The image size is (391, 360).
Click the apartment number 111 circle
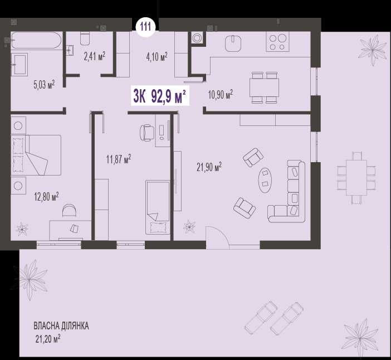pyautogui.click(x=145, y=26)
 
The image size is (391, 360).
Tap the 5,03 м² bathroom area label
pyautogui.click(x=44, y=85)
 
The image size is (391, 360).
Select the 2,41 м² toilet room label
pyautogui.click(x=95, y=56)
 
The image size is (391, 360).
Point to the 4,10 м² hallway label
pyautogui.click(x=157, y=57)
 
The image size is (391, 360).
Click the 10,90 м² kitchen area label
pyautogui.click(x=221, y=95)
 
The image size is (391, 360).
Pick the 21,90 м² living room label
pyautogui.click(x=209, y=167)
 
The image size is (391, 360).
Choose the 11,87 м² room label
pyautogui.click(x=119, y=159)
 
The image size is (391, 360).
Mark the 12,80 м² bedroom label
pyautogui.click(x=46, y=196)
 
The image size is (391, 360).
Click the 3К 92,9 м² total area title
pyautogui.click(x=160, y=96)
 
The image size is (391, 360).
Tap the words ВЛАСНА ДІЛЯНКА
pyautogui.click(x=61, y=326)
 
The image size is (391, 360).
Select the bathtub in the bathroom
pyautogui.click(x=36, y=41)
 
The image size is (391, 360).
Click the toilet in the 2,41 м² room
pyautogui.click(x=85, y=38)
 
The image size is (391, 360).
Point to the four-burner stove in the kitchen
pyautogui.click(x=278, y=42)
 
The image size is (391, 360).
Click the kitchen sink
pyautogui.click(x=233, y=43)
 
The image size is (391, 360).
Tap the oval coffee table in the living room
pyautogui.click(x=265, y=180)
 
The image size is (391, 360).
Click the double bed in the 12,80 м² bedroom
pyautogui.click(x=36, y=155)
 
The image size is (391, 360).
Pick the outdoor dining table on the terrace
pyautogui.click(x=356, y=178)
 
